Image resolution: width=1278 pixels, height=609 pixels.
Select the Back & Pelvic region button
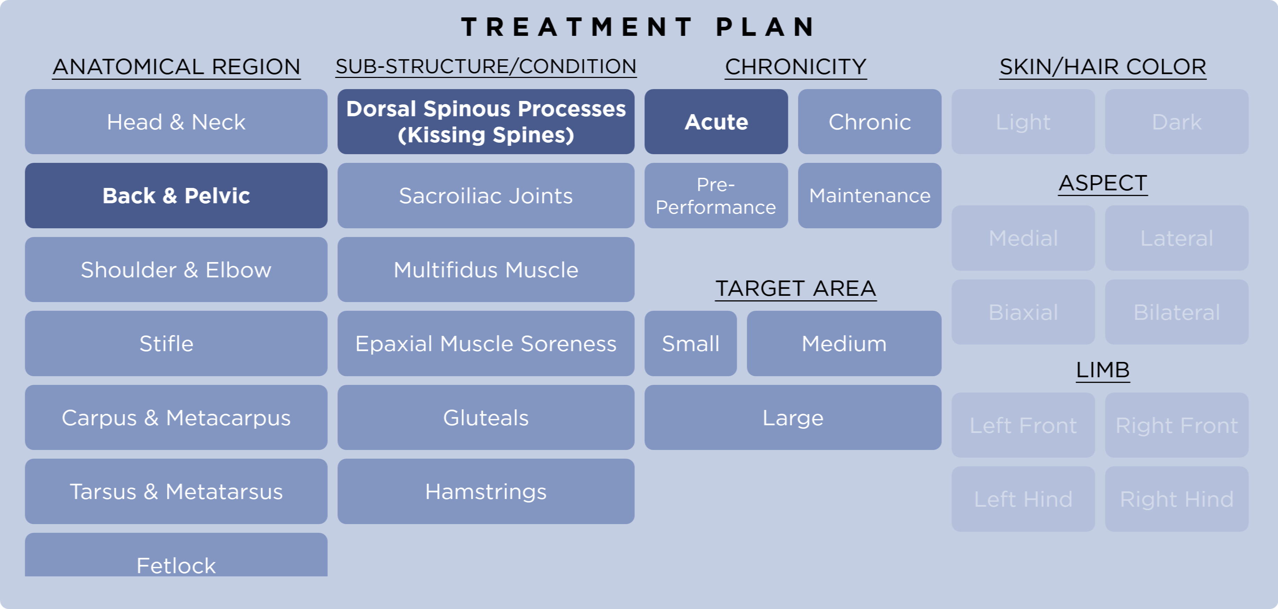coord(176,195)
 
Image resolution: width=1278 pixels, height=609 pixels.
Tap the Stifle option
coord(176,343)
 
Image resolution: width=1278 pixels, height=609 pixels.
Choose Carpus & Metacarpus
coord(176,418)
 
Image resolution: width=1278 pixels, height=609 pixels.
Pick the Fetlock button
coord(176,558)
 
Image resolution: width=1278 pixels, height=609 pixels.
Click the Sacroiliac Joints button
coord(486,195)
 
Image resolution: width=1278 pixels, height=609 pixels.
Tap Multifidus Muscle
coord(486,269)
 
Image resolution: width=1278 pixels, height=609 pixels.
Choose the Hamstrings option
coord(486,491)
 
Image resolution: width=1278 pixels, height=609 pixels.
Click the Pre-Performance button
coord(716,195)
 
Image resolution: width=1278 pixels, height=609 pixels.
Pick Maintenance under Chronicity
coord(869,195)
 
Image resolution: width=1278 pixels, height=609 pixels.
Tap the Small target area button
coord(691,343)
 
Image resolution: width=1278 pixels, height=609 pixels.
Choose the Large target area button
coord(793,418)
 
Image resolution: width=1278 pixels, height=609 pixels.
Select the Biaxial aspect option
coord(1023,312)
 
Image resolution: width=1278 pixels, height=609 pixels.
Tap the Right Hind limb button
coord(1176,499)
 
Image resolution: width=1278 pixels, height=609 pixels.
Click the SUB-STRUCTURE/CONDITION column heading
coord(486,66)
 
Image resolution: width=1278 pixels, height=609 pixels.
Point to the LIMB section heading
coord(1103,370)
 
